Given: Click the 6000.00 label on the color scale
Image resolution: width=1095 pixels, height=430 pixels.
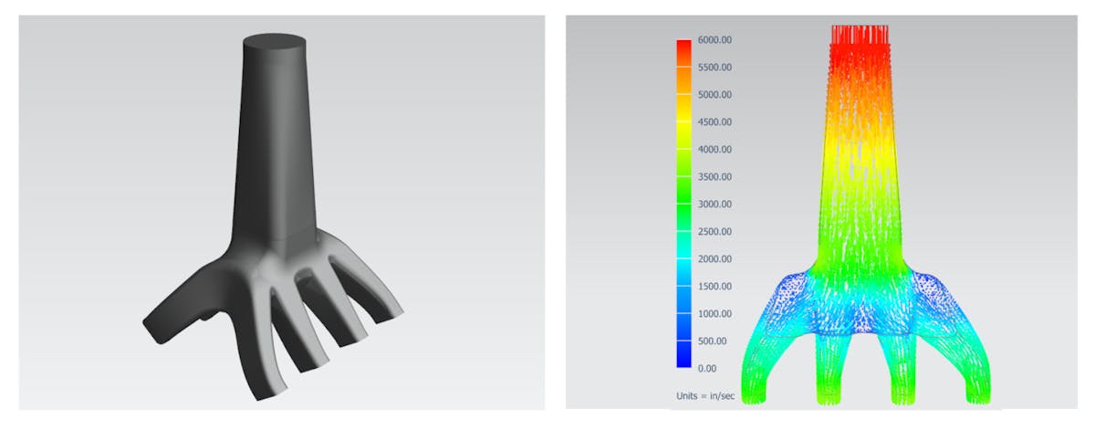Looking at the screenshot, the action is pyautogui.click(x=714, y=40).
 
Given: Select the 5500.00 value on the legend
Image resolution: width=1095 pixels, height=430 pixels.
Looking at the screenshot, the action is pyautogui.click(x=714, y=68).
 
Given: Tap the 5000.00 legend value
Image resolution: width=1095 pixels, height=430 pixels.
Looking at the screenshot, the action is pyautogui.click(x=714, y=95).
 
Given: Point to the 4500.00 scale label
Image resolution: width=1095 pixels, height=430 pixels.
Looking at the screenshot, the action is pyautogui.click(x=714, y=122).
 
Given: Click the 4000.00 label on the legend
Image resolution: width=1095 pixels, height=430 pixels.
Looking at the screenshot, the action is pyautogui.click(x=714, y=150).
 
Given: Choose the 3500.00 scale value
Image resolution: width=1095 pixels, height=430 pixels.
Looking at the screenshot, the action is pyautogui.click(x=714, y=177).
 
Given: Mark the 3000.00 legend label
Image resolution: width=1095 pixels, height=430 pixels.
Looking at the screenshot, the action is pyautogui.click(x=714, y=205).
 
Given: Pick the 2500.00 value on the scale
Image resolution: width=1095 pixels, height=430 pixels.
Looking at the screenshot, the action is pyautogui.click(x=714, y=232).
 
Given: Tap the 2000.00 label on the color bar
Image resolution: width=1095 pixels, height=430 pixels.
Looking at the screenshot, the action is pyautogui.click(x=714, y=259).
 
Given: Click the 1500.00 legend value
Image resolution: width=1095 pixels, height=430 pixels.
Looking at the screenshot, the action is pyautogui.click(x=714, y=287).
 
